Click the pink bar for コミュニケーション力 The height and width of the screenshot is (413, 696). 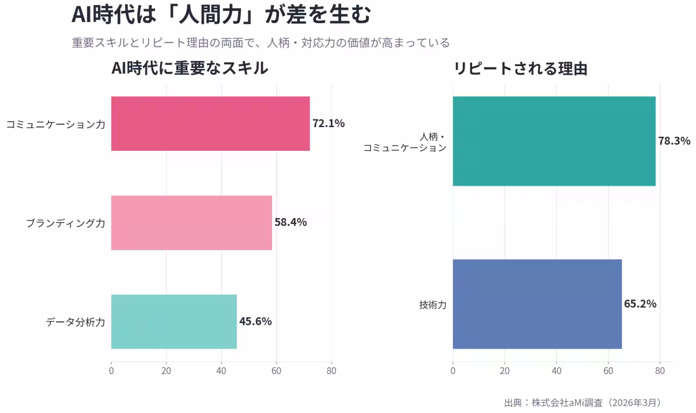[210, 124]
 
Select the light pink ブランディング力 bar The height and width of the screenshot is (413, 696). [191, 223]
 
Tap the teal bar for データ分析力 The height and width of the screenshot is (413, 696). [173, 321]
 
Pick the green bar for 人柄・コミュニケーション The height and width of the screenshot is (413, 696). [554, 141]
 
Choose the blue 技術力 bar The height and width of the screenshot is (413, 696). [537, 304]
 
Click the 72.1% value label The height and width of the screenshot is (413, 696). [328, 124]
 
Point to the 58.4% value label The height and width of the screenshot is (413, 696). [291, 223]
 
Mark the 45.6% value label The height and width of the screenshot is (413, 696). [255, 321]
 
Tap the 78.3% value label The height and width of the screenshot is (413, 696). [674, 141]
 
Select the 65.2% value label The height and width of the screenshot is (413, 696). [640, 304]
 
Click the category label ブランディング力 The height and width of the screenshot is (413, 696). [66, 223]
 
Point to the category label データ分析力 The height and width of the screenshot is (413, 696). [75, 322]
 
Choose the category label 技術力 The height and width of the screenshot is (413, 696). [433, 305]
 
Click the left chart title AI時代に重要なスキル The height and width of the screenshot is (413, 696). [190, 68]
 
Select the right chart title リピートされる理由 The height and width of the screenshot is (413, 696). [520, 68]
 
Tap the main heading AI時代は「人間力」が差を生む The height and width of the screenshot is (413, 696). [220, 15]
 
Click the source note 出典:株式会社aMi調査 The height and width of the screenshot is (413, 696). [582, 402]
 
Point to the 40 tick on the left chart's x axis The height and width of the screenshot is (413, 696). [221, 370]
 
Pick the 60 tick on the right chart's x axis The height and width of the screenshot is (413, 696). [608, 370]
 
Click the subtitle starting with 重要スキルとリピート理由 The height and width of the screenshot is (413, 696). [260, 43]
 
